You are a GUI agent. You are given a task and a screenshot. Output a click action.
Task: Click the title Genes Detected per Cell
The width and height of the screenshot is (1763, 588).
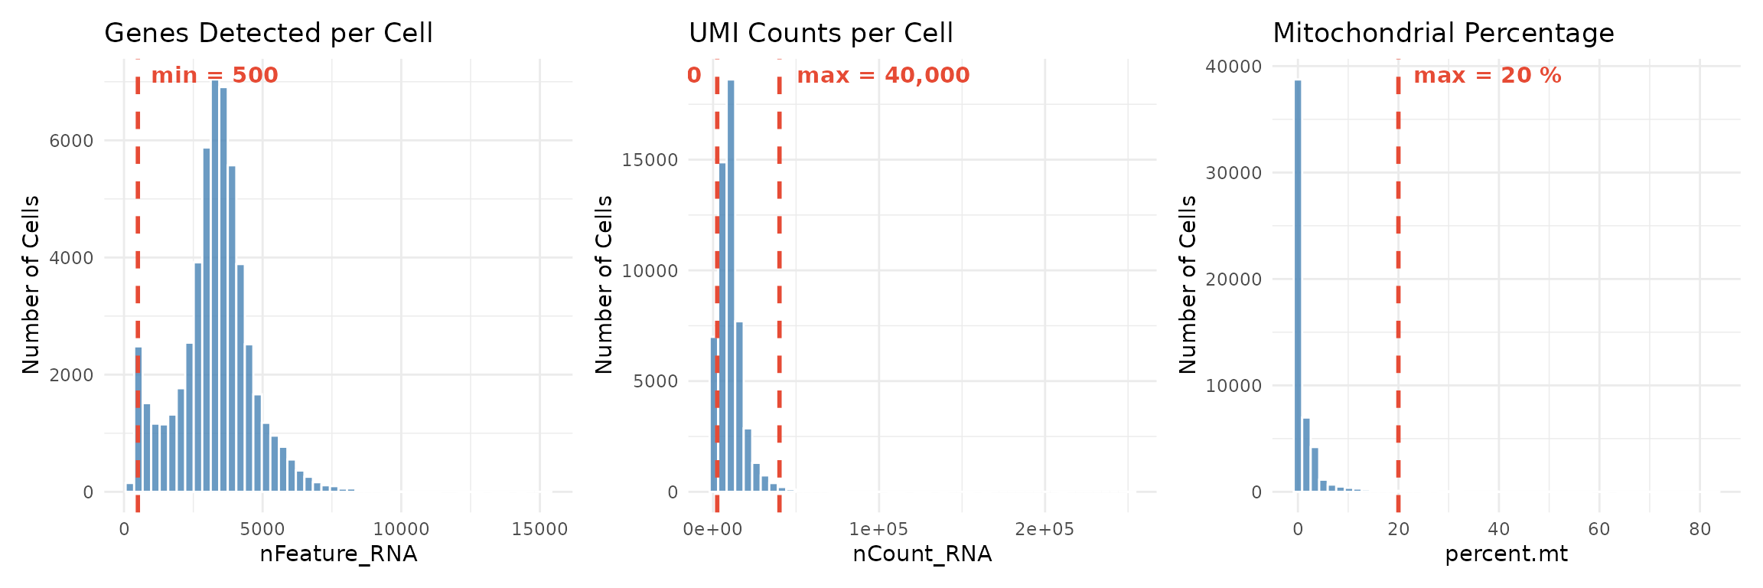(269, 34)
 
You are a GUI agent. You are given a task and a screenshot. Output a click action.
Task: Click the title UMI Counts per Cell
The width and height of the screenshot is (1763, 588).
(820, 34)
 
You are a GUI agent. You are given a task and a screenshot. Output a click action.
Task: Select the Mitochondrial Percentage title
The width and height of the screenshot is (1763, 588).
(1443, 34)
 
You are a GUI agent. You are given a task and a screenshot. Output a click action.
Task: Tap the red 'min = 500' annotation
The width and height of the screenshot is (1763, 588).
(214, 76)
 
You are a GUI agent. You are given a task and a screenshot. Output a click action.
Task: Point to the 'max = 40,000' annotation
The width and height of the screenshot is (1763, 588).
(883, 76)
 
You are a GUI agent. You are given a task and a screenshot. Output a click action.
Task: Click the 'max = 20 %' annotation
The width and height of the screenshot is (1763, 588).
(1487, 76)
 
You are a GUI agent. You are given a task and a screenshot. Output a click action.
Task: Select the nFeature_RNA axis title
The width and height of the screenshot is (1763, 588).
(338, 554)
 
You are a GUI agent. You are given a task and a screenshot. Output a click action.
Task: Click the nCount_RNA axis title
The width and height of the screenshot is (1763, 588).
(922, 554)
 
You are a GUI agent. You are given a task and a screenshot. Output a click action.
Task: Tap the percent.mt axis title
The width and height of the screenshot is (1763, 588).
(1506, 554)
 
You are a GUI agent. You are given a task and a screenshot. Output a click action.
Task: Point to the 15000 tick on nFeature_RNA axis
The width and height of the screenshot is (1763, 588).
(539, 530)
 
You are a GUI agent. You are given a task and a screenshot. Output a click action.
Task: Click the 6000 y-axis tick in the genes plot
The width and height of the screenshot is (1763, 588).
(72, 141)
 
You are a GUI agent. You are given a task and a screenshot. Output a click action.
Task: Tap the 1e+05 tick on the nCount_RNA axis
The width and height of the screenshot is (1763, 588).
(878, 530)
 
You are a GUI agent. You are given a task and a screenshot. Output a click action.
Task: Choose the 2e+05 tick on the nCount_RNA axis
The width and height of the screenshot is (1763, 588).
(1044, 530)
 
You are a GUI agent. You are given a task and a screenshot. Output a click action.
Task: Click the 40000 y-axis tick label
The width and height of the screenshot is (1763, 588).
(1233, 67)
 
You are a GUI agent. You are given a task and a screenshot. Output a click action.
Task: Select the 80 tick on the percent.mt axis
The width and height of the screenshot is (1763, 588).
(1699, 530)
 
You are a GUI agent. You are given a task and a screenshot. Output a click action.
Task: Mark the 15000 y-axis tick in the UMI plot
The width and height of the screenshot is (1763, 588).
(651, 160)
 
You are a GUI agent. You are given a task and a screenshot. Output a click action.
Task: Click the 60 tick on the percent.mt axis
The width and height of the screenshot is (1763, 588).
(1599, 530)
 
